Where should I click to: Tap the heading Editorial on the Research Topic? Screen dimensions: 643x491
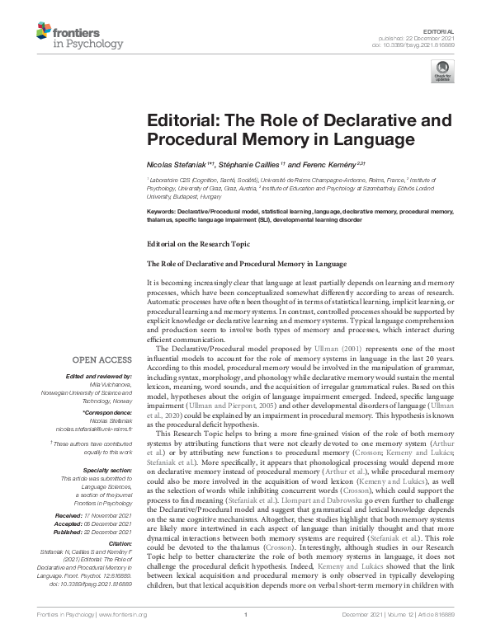click(x=196, y=245)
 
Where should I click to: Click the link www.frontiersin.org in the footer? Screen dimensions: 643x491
click(x=122, y=636)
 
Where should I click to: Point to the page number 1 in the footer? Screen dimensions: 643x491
click(x=246, y=636)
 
